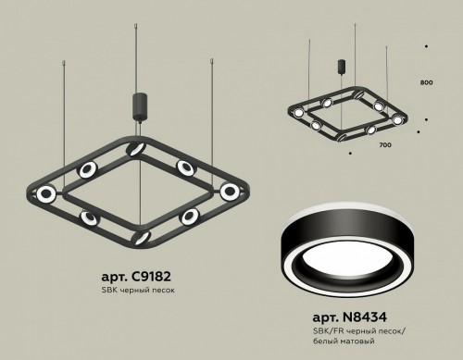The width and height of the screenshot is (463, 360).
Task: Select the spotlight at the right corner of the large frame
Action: (x=229, y=191)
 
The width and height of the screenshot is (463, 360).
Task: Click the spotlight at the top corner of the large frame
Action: (x=136, y=151)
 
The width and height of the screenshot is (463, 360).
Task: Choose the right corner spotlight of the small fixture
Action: (x=398, y=118)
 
